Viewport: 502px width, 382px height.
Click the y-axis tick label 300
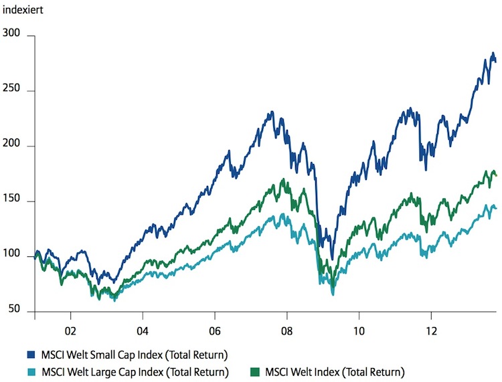coord(11,33)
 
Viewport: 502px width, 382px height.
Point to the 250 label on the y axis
coord(11,88)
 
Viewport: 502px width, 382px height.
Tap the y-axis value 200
coord(11,143)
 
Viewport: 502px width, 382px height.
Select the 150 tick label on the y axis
coord(11,198)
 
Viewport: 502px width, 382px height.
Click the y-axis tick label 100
coord(11,254)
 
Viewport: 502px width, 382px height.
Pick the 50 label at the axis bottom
coord(14,308)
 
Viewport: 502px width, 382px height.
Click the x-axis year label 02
coord(70,331)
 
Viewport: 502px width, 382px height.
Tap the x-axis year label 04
coord(143,331)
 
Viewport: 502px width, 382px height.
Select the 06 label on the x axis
coord(215,331)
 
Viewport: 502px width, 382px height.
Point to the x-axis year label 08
coord(287,331)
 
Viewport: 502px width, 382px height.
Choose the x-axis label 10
coord(359,331)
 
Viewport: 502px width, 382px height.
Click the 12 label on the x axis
coord(432,331)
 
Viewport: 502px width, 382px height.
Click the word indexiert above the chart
coord(23,10)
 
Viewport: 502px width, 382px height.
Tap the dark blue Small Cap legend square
coord(31,355)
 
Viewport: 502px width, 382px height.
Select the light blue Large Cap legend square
coord(31,372)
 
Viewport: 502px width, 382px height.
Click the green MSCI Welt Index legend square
coord(255,372)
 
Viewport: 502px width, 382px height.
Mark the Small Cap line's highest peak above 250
coord(493,53)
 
